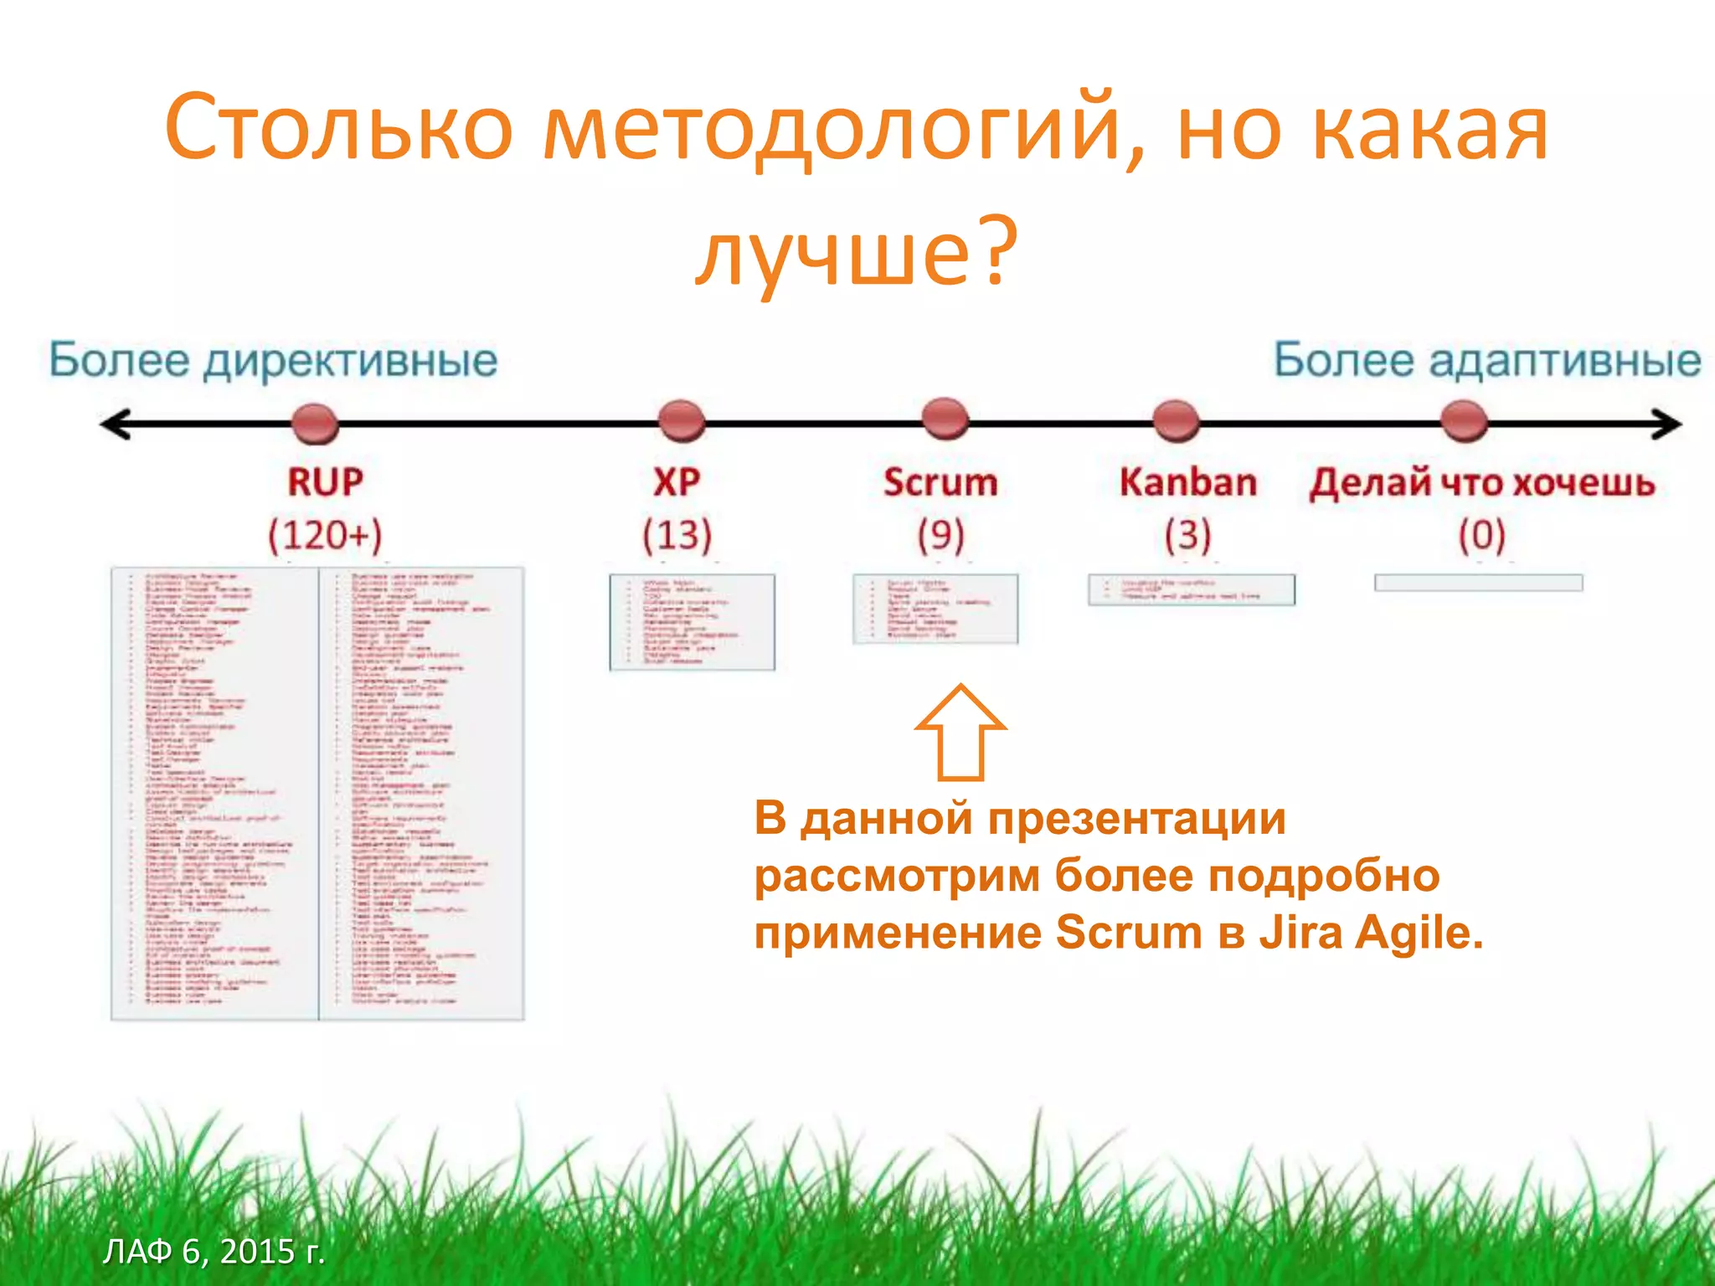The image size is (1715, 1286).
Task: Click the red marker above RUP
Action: click(315, 423)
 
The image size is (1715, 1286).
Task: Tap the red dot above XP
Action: click(681, 421)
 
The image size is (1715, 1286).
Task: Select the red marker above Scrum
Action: click(945, 419)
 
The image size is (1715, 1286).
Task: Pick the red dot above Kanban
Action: click(1176, 421)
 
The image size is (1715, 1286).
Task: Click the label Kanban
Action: click(1187, 483)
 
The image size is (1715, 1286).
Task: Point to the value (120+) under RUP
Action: click(325, 535)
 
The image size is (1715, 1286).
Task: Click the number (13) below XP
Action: click(677, 535)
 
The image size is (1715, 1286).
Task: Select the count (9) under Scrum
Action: click(941, 535)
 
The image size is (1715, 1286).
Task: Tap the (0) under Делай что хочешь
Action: click(1481, 535)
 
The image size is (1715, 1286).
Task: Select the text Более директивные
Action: click(273, 361)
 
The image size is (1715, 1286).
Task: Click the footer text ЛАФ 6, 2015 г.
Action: click(214, 1251)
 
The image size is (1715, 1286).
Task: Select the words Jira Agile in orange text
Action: click(1371, 933)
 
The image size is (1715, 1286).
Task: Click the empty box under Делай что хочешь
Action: click(1478, 583)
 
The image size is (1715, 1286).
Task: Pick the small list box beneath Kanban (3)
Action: click(1191, 589)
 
